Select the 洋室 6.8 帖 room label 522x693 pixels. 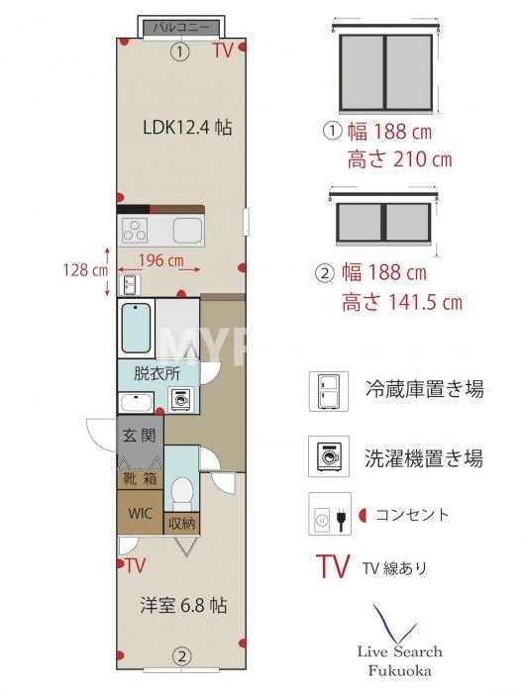point(181,606)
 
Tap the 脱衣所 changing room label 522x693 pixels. point(157,374)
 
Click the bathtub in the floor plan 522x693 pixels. point(136,329)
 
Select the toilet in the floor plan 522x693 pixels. point(181,490)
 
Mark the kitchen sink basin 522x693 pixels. point(187,231)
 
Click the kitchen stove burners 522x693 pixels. point(136,231)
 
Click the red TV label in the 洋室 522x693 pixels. point(135,565)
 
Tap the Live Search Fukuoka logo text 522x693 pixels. point(400,659)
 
